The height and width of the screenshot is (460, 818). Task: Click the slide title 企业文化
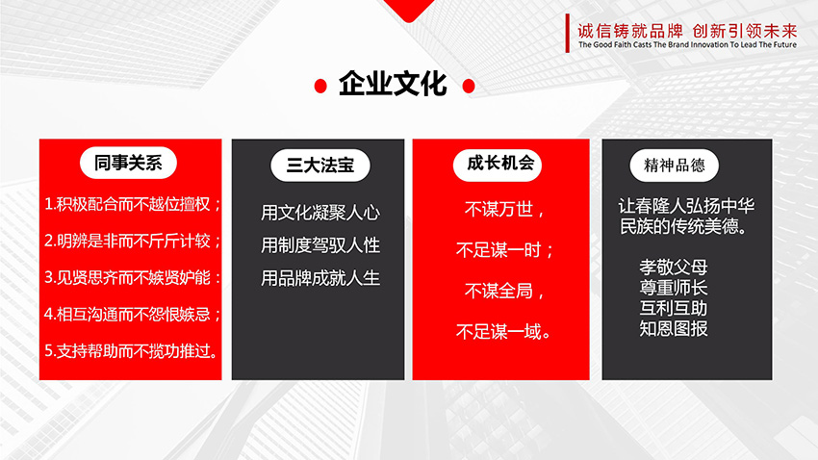click(393, 84)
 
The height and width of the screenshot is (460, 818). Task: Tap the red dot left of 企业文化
click(320, 86)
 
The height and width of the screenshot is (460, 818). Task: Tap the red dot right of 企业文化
click(469, 86)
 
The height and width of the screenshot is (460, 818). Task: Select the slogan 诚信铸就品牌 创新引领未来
click(687, 31)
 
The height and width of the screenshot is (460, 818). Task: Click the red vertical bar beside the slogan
click(568, 34)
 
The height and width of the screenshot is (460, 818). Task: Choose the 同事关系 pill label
click(128, 164)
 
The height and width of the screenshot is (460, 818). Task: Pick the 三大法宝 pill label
click(320, 166)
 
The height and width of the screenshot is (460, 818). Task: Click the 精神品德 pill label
click(674, 166)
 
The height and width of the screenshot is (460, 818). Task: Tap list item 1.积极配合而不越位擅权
click(132, 204)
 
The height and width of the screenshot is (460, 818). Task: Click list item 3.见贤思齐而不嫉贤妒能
click(132, 277)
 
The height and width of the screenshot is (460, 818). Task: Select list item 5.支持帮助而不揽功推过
click(131, 351)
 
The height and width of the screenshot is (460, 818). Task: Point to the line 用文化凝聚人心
click(320, 213)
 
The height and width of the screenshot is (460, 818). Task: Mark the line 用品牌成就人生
click(320, 278)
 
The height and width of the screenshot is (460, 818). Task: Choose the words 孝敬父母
click(674, 267)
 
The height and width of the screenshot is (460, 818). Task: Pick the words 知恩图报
click(674, 328)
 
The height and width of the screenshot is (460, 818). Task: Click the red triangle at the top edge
click(409, 8)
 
